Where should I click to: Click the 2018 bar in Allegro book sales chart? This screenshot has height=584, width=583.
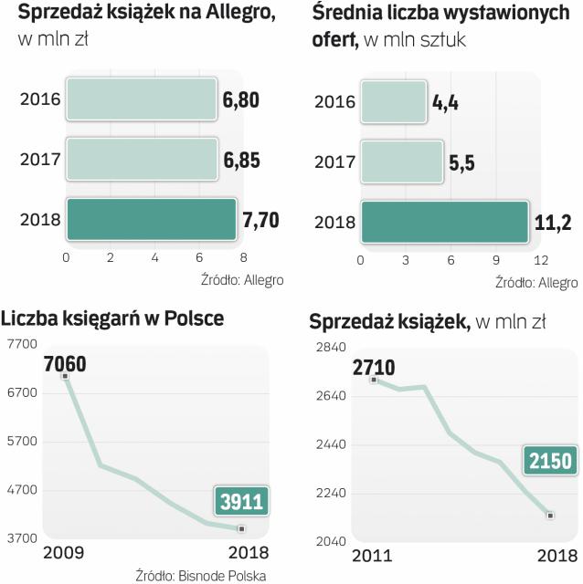(x=151, y=219)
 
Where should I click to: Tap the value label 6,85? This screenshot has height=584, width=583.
(x=242, y=161)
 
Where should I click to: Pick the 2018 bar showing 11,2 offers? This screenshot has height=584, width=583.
(x=444, y=222)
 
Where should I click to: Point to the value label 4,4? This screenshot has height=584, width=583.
(x=445, y=101)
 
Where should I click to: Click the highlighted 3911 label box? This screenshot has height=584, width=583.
(x=242, y=501)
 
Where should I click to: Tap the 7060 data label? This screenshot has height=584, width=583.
(x=65, y=365)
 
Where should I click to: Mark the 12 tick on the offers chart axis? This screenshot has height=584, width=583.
(x=541, y=260)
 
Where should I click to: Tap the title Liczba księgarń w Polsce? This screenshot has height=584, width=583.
(x=112, y=318)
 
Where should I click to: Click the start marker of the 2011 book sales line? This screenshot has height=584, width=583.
(x=374, y=380)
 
